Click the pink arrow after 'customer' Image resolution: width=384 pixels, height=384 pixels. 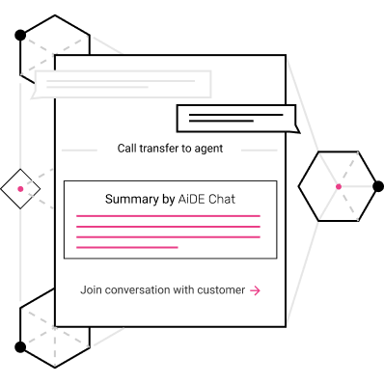click(x=256, y=290)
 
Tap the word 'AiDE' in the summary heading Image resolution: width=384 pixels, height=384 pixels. click(x=191, y=199)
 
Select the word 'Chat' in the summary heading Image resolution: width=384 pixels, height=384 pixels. click(x=222, y=199)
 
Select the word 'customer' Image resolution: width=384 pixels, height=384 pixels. click(x=221, y=290)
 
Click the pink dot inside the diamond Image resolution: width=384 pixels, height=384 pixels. click(x=20, y=189)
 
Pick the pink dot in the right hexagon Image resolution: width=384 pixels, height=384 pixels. click(x=339, y=186)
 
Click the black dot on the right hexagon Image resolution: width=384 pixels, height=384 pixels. click(x=378, y=186)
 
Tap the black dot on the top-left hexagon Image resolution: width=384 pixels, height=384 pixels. click(x=20, y=35)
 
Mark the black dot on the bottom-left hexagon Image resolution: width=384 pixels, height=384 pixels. click(x=20, y=347)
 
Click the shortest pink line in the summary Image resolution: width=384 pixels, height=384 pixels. click(x=127, y=247)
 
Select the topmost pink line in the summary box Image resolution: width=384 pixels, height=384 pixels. click(x=168, y=216)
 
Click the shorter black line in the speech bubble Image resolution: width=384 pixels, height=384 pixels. click(x=221, y=121)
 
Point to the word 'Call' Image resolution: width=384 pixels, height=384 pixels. click(x=126, y=149)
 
